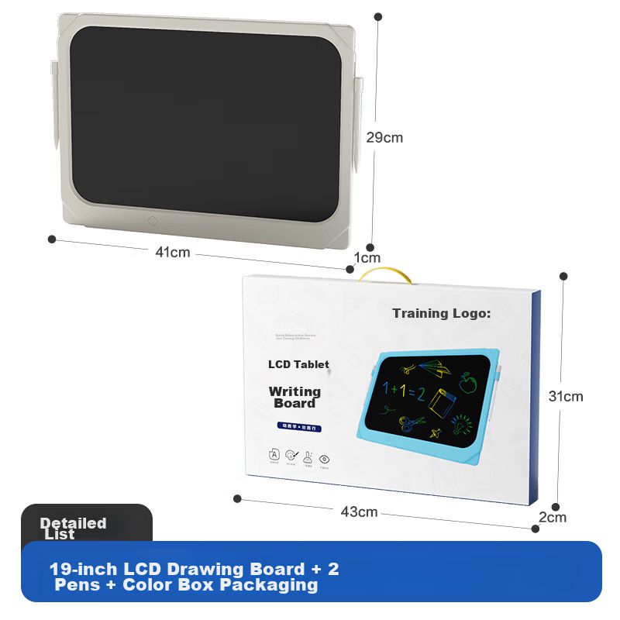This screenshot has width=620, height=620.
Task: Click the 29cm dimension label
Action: point(384,138)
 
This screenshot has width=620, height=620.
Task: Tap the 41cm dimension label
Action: point(172,252)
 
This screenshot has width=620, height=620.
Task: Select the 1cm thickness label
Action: point(367,257)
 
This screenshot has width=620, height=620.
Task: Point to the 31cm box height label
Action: point(566,396)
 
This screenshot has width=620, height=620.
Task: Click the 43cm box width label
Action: point(359,511)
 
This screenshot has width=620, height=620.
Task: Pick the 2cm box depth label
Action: point(553,517)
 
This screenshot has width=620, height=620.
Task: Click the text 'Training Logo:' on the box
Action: point(442,314)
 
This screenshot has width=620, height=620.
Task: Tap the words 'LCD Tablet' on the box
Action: point(298,364)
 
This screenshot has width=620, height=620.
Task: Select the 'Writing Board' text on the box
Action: point(294,397)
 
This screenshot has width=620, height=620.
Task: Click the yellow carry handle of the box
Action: point(385,273)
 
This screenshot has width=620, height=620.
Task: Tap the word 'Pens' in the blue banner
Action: point(77,585)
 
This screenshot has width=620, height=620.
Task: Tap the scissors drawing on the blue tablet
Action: point(412,423)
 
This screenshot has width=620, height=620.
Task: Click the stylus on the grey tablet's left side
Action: point(54,105)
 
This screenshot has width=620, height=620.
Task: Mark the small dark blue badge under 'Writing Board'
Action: point(299,427)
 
